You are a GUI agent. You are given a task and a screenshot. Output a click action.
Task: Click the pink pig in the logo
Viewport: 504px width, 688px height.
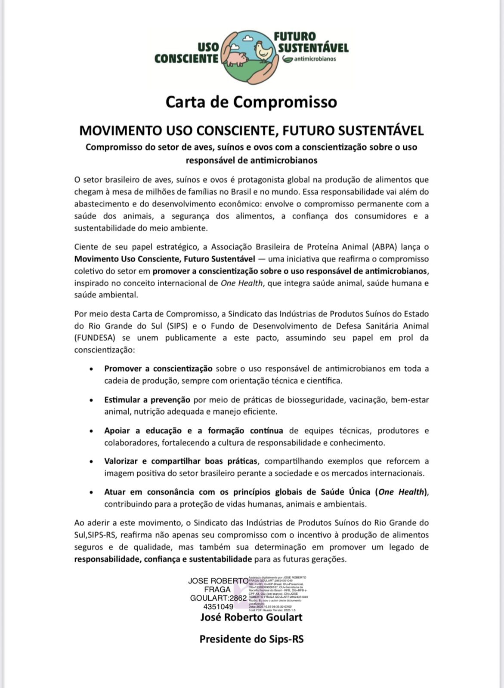[x=236, y=58]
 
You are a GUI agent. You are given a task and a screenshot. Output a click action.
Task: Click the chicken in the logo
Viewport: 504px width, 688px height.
[x=263, y=50]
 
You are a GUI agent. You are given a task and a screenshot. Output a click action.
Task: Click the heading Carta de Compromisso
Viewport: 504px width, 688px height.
[x=251, y=102]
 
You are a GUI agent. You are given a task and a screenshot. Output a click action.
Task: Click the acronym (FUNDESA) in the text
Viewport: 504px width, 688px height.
[x=95, y=338]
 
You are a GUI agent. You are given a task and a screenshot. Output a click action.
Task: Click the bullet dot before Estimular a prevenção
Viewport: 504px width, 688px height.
[x=91, y=400]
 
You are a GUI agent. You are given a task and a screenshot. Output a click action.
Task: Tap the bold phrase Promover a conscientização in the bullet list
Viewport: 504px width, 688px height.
[x=158, y=369]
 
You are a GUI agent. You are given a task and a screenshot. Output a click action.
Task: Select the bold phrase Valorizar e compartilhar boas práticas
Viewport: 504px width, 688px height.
[x=181, y=461]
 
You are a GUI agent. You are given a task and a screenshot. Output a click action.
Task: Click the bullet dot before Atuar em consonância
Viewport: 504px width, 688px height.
[x=91, y=492]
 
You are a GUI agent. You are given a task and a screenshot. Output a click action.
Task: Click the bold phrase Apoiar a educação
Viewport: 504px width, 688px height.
[x=138, y=430]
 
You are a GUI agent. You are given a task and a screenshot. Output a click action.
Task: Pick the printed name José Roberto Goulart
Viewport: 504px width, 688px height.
[x=251, y=617]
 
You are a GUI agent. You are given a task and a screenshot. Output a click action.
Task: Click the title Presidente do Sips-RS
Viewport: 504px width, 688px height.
[x=251, y=639]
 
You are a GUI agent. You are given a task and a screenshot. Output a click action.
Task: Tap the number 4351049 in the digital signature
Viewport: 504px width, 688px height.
[x=218, y=606]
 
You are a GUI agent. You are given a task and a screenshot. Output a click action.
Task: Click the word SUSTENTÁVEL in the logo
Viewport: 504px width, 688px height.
[x=313, y=47]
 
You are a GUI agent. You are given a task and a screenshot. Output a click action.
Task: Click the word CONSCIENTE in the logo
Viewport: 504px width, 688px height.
[x=186, y=58]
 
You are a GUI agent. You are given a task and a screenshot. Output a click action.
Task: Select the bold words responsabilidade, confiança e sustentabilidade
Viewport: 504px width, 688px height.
[x=163, y=559]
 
